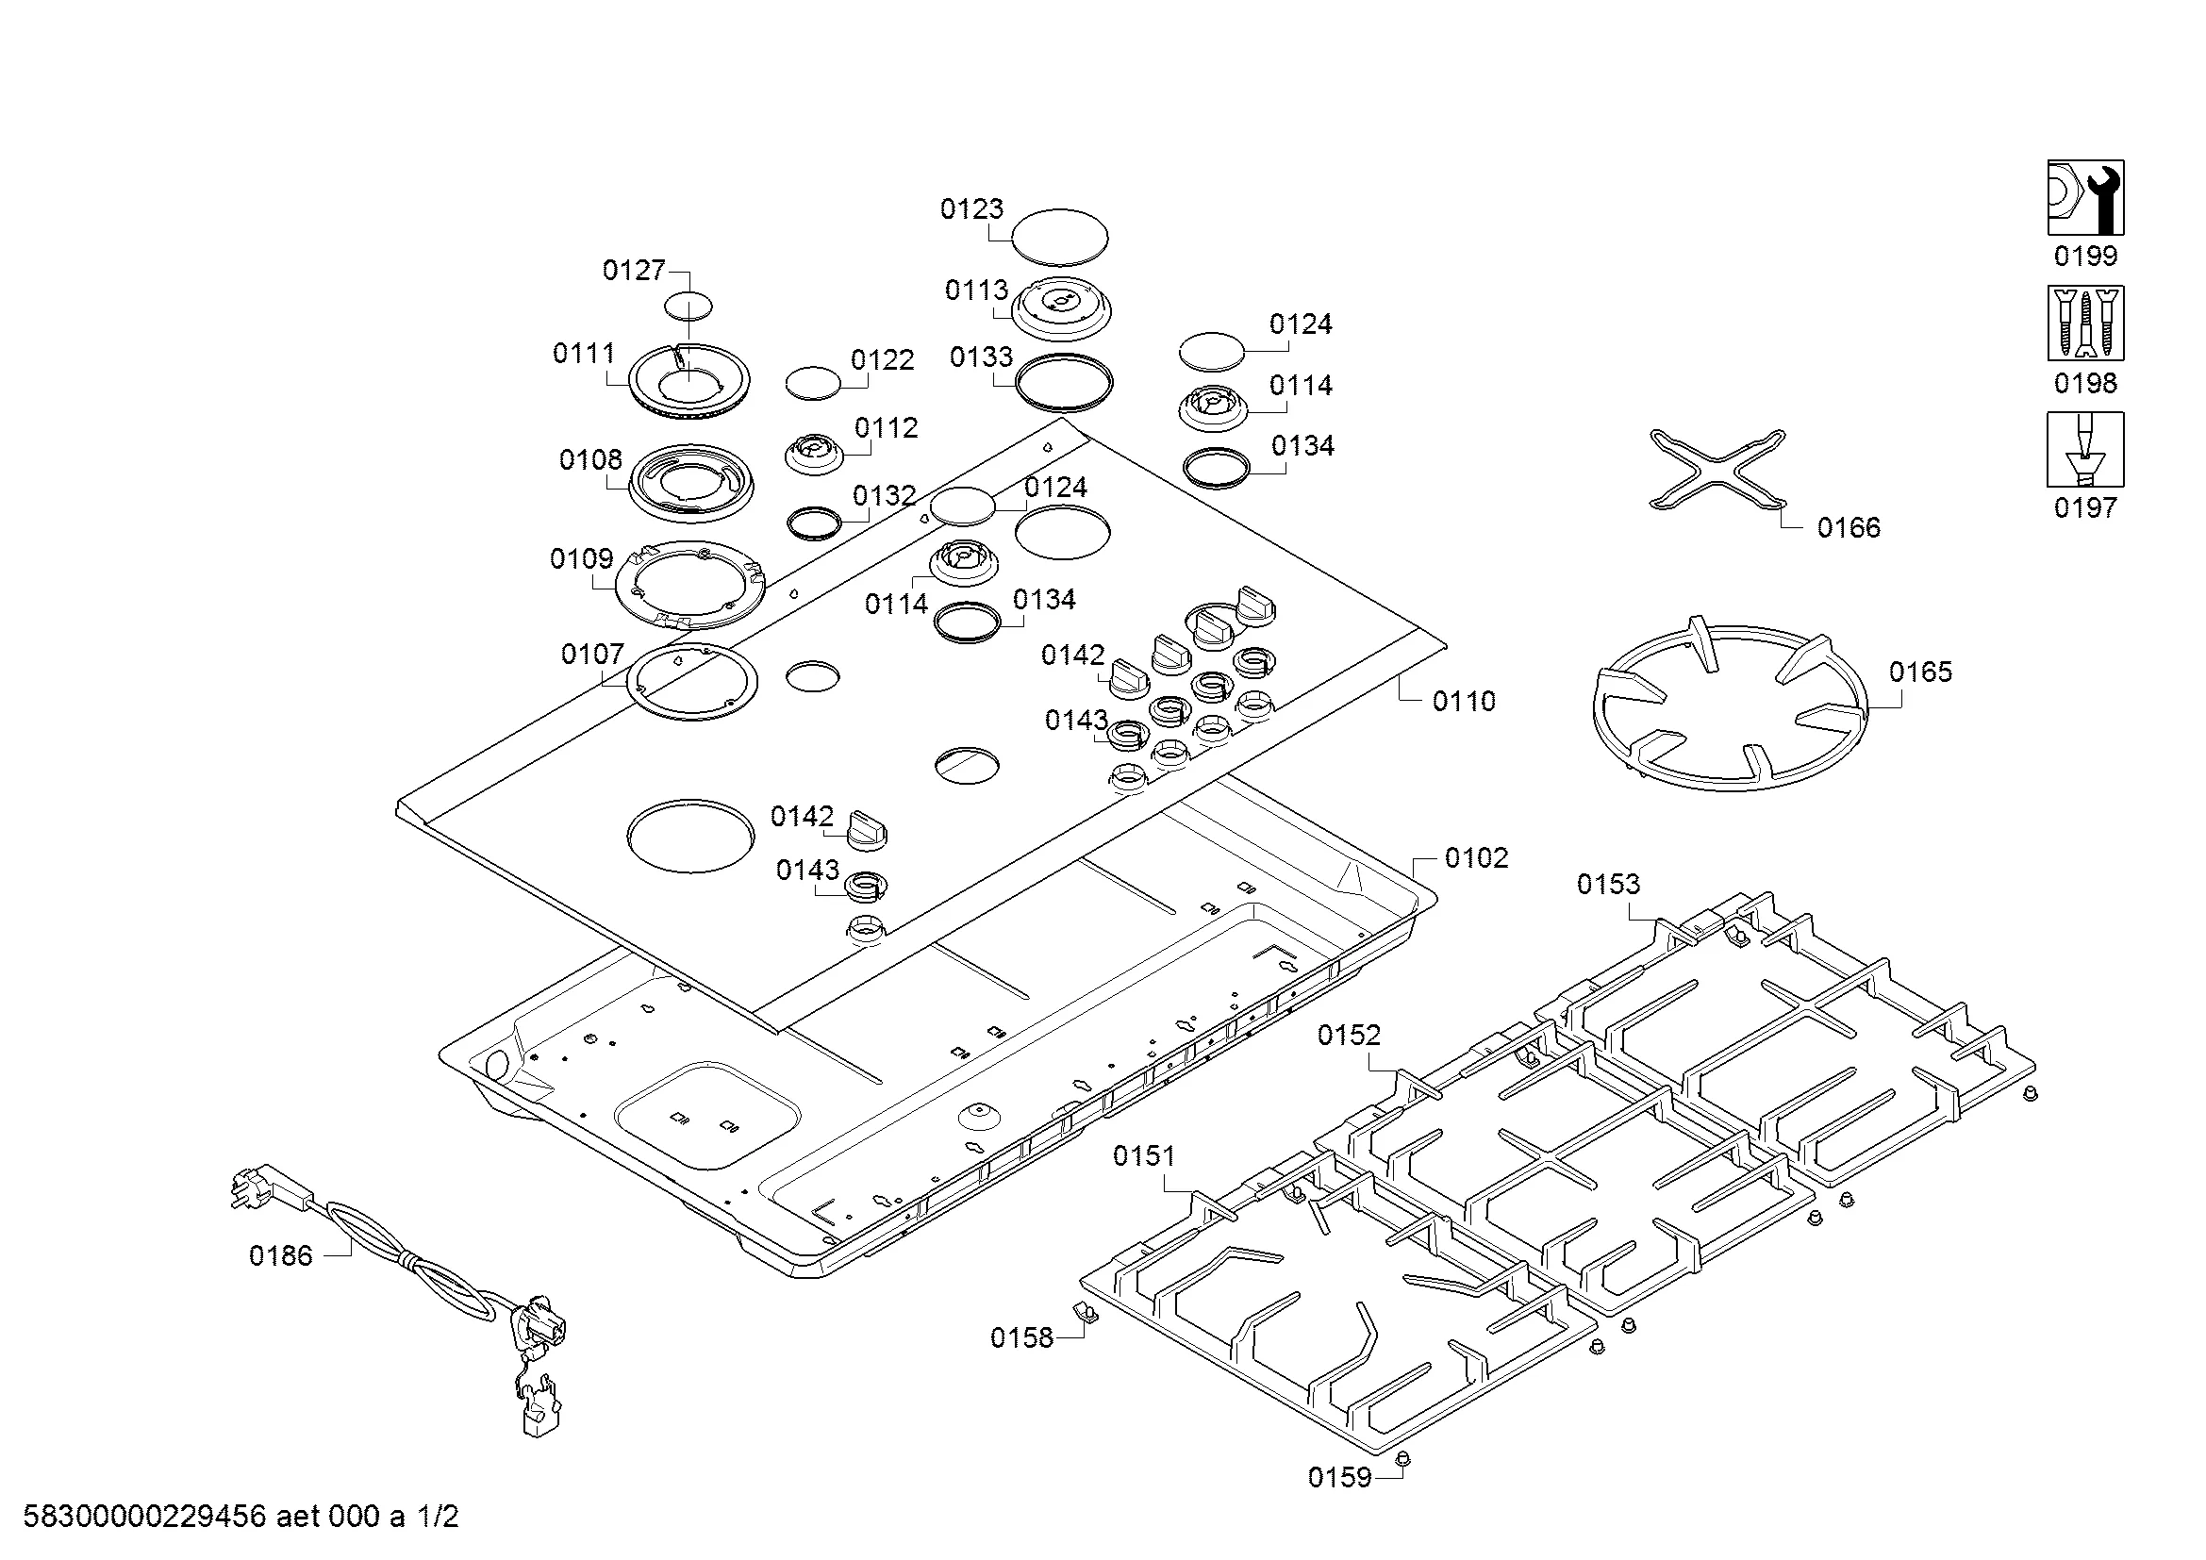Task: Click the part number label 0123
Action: coord(970,208)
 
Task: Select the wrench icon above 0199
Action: coord(2085,198)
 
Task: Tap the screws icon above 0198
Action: coord(2085,323)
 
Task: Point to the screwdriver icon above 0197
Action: coord(2085,450)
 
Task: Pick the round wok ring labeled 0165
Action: coord(1730,706)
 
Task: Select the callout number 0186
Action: coord(280,1255)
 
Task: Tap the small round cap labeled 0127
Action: coord(688,307)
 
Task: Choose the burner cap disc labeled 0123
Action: coord(1060,237)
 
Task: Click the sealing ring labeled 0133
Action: coord(1064,383)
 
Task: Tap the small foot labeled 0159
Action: coord(1401,1460)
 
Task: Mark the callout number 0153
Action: coord(1607,884)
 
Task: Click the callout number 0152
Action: coord(1348,1035)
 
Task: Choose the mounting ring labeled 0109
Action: coord(690,585)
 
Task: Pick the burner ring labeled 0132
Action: coord(814,523)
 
